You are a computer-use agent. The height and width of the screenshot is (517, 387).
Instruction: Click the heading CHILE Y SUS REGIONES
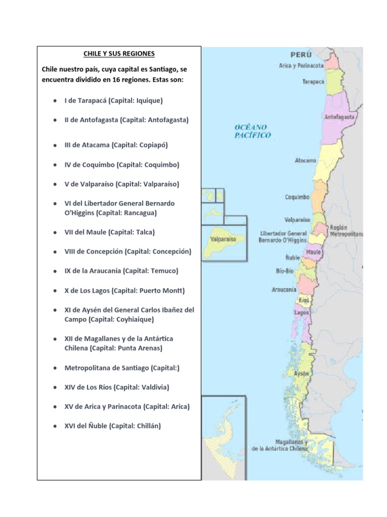119,54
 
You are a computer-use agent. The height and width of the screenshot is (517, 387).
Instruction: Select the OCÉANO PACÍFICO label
252,131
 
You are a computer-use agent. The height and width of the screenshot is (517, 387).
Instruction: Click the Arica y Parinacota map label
301,66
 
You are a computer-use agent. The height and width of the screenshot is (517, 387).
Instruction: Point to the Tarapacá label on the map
313,81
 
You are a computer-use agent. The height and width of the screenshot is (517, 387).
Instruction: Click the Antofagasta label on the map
340,117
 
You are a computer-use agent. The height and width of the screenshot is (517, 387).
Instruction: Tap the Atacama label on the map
305,161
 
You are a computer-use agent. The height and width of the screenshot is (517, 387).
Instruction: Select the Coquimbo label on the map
297,197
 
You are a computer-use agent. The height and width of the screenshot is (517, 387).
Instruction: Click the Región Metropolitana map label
346,231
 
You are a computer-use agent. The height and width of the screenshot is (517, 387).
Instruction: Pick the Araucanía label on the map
284,290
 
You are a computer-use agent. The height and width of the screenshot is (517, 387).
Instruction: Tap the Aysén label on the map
301,374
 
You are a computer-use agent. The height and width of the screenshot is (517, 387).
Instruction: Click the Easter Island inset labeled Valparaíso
224,240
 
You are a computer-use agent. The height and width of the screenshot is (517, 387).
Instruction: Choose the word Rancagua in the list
141,213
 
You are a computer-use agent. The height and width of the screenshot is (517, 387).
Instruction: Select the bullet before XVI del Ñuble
54,426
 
